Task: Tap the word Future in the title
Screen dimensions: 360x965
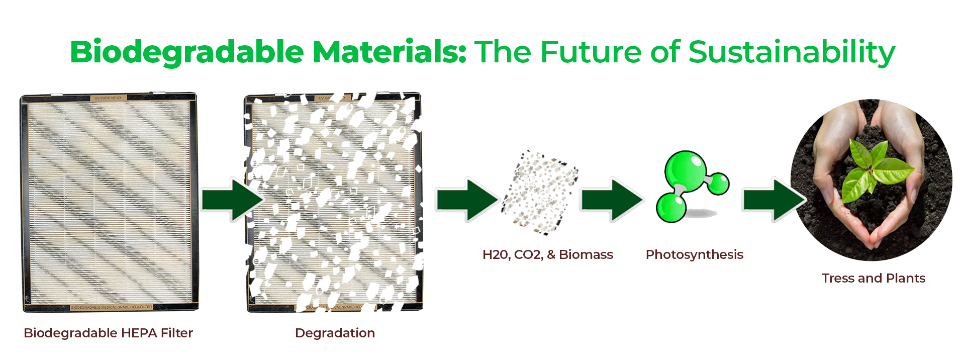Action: coord(592,52)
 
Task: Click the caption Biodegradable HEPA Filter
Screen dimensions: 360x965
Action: coord(108,333)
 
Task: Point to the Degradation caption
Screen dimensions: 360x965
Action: coord(335,333)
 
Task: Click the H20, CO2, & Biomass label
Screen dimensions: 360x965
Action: coord(547,254)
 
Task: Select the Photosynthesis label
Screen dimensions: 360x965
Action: coord(694,254)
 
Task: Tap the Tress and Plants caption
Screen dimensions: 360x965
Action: coord(873,278)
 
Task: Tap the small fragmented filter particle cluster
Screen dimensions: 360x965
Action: coord(540,193)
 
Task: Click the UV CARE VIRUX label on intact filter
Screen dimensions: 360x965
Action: coord(108,98)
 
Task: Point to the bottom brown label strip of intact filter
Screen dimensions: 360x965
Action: coord(111,307)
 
